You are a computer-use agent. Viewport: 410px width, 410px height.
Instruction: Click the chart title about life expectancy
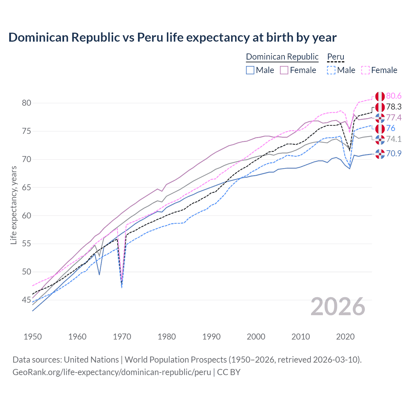(x=172, y=37)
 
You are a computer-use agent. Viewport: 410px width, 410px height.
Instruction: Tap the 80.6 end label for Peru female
(x=394, y=96)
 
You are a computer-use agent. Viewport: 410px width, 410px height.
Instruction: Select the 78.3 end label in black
(x=394, y=107)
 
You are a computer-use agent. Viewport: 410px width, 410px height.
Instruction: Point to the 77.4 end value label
(x=394, y=118)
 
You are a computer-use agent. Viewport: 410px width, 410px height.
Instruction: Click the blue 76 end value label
(x=390, y=128)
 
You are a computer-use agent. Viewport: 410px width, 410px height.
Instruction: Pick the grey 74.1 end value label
(x=394, y=139)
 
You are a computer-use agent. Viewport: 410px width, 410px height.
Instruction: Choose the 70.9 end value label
(x=394, y=153)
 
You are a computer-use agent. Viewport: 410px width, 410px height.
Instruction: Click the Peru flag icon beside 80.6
(x=380, y=96)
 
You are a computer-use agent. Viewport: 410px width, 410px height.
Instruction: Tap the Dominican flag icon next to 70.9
(x=380, y=154)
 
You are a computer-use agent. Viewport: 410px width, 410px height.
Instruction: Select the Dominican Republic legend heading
(x=282, y=57)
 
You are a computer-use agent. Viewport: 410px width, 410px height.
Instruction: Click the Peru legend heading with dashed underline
(x=335, y=57)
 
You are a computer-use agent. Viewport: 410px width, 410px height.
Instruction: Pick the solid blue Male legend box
(x=250, y=70)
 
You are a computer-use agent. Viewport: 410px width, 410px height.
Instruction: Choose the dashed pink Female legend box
(x=365, y=70)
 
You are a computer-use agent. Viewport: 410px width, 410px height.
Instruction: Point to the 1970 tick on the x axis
(x=122, y=337)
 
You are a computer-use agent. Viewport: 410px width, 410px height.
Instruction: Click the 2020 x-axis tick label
(x=345, y=337)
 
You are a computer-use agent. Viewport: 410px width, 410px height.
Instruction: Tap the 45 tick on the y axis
(x=26, y=300)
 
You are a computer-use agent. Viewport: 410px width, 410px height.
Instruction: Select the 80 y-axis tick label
(x=26, y=103)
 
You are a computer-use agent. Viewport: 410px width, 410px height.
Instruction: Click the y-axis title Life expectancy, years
(x=13, y=205)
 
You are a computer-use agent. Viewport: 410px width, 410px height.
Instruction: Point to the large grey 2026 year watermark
(x=338, y=307)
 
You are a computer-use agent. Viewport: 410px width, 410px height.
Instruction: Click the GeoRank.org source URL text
(x=111, y=372)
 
